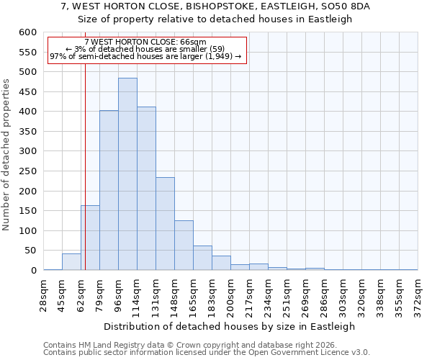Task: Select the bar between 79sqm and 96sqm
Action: pyautogui.click(x=109, y=190)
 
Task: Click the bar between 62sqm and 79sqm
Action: pyautogui.click(x=90, y=238)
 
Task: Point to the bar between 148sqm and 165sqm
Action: pyautogui.click(x=184, y=245)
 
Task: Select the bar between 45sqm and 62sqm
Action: pyautogui.click(x=71, y=262)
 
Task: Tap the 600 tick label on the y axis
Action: pyautogui.click(x=27, y=32)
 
